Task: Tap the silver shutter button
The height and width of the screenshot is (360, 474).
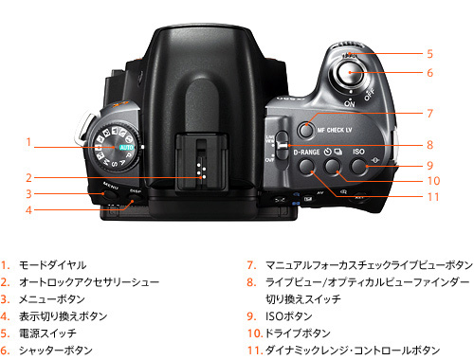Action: coord(350,71)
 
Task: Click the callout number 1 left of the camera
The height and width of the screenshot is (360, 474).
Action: coord(30,143)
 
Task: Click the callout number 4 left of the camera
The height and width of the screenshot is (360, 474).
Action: coord(30,209)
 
